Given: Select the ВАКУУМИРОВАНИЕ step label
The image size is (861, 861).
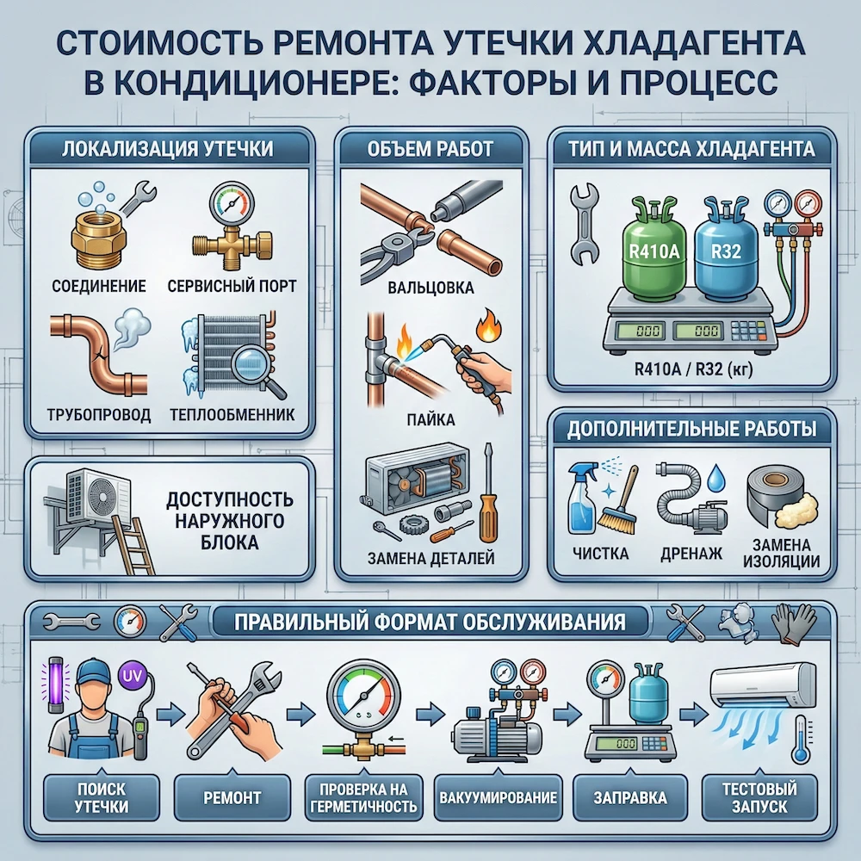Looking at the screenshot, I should click(498, 797).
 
